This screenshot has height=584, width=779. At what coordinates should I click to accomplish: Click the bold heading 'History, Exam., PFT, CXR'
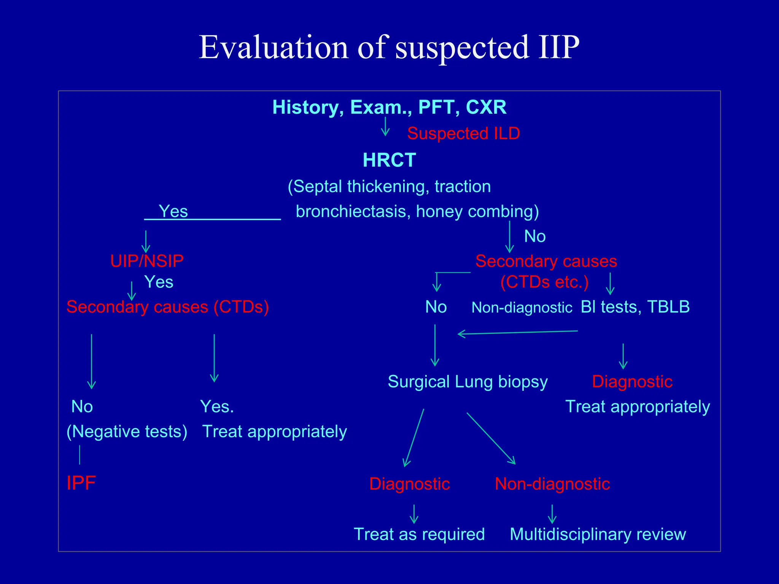[x=389, y=107]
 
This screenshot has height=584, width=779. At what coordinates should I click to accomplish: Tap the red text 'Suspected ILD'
[x=463, y=133]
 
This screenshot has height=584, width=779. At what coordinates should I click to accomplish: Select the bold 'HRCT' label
[x=389, y=160]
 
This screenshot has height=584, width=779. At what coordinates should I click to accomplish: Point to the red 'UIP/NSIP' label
[x=147, y=261]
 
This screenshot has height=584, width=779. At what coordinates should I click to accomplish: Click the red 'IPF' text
[x=81, y=483]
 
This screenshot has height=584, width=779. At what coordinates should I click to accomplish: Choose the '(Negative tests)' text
[x=127, y=432]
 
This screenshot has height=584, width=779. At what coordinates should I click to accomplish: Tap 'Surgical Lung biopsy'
[x=467, y=382]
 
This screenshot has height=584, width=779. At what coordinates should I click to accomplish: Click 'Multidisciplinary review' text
[x=598, y=534]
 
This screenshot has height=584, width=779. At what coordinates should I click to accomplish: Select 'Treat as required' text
[x=419, y=534]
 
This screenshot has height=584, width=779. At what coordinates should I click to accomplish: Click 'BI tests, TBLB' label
[x=635, y=307]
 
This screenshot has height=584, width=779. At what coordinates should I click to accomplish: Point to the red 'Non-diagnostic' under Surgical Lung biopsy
[x=552, y=484]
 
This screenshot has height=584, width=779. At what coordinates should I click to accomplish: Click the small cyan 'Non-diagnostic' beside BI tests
[x=521, y=308]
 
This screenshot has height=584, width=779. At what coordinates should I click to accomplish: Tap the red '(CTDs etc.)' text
[x=544, y=282]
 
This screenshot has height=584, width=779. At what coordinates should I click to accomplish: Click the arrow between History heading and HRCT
[x=385, y=127]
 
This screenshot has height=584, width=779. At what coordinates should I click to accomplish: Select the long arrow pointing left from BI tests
[x=517, y=333]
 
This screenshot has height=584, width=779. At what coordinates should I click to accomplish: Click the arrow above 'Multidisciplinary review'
[x=552, y=514]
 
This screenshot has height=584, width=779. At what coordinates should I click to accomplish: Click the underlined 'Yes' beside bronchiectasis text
[x=173, y=211]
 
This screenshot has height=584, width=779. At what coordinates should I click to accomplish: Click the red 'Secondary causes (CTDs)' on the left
[x=168, y=307]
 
